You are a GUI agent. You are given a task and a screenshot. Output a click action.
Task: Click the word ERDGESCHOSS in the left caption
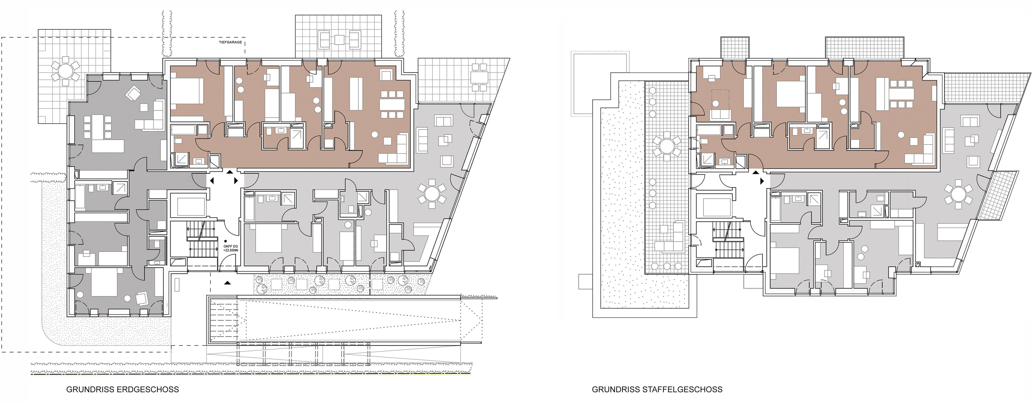tap(148, 389)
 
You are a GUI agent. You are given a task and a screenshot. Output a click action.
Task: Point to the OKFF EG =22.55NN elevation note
tap(230, 248)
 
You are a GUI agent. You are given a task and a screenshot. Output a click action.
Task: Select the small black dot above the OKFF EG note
tap(225, 241)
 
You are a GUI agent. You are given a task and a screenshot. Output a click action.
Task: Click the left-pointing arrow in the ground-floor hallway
tap(212, 181)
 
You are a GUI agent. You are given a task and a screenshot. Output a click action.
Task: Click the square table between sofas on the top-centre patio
tap(339, 40)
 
